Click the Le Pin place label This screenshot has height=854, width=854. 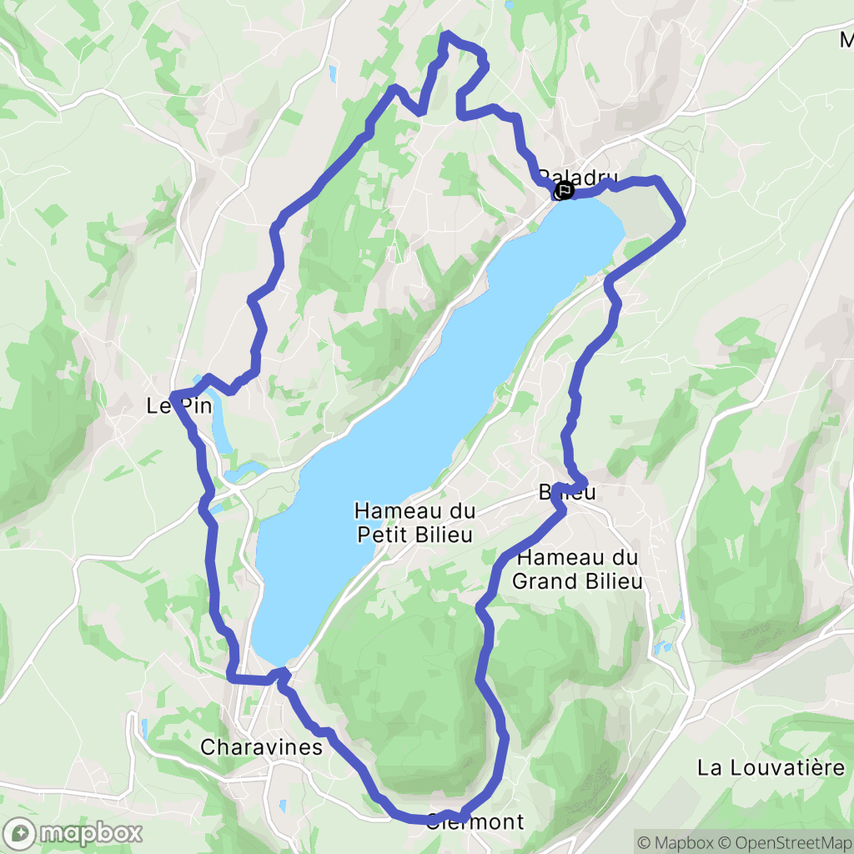pyautogui.click(x=178, y=407)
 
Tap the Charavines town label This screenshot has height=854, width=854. pyautogui.click(x=261, y=747)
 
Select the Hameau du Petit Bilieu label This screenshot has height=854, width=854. pyautogui.click(x=414, y=523)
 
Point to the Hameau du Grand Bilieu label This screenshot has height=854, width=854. pyautogui.click(x=577, y=570)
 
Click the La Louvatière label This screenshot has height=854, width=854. pyautogui.click(x=771, y=767)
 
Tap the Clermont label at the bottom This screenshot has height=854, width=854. pyautogui.click(x=475, y=822)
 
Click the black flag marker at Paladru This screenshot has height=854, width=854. pyautogui.click(x=565, y=190)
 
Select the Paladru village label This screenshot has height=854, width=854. pyautogui.click(x=577, y=178)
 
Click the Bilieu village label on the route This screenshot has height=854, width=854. pyautogui.click(x=567, y=493)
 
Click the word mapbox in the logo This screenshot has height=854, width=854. pyautogui.click(x=92, y=833)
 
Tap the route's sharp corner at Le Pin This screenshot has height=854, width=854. pyautogui.click(x=172, y=394)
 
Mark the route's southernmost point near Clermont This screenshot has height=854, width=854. pyautogui.click(x=421, y=821)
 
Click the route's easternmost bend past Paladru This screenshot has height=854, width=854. pyautogui.click(x=683, y=222)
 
